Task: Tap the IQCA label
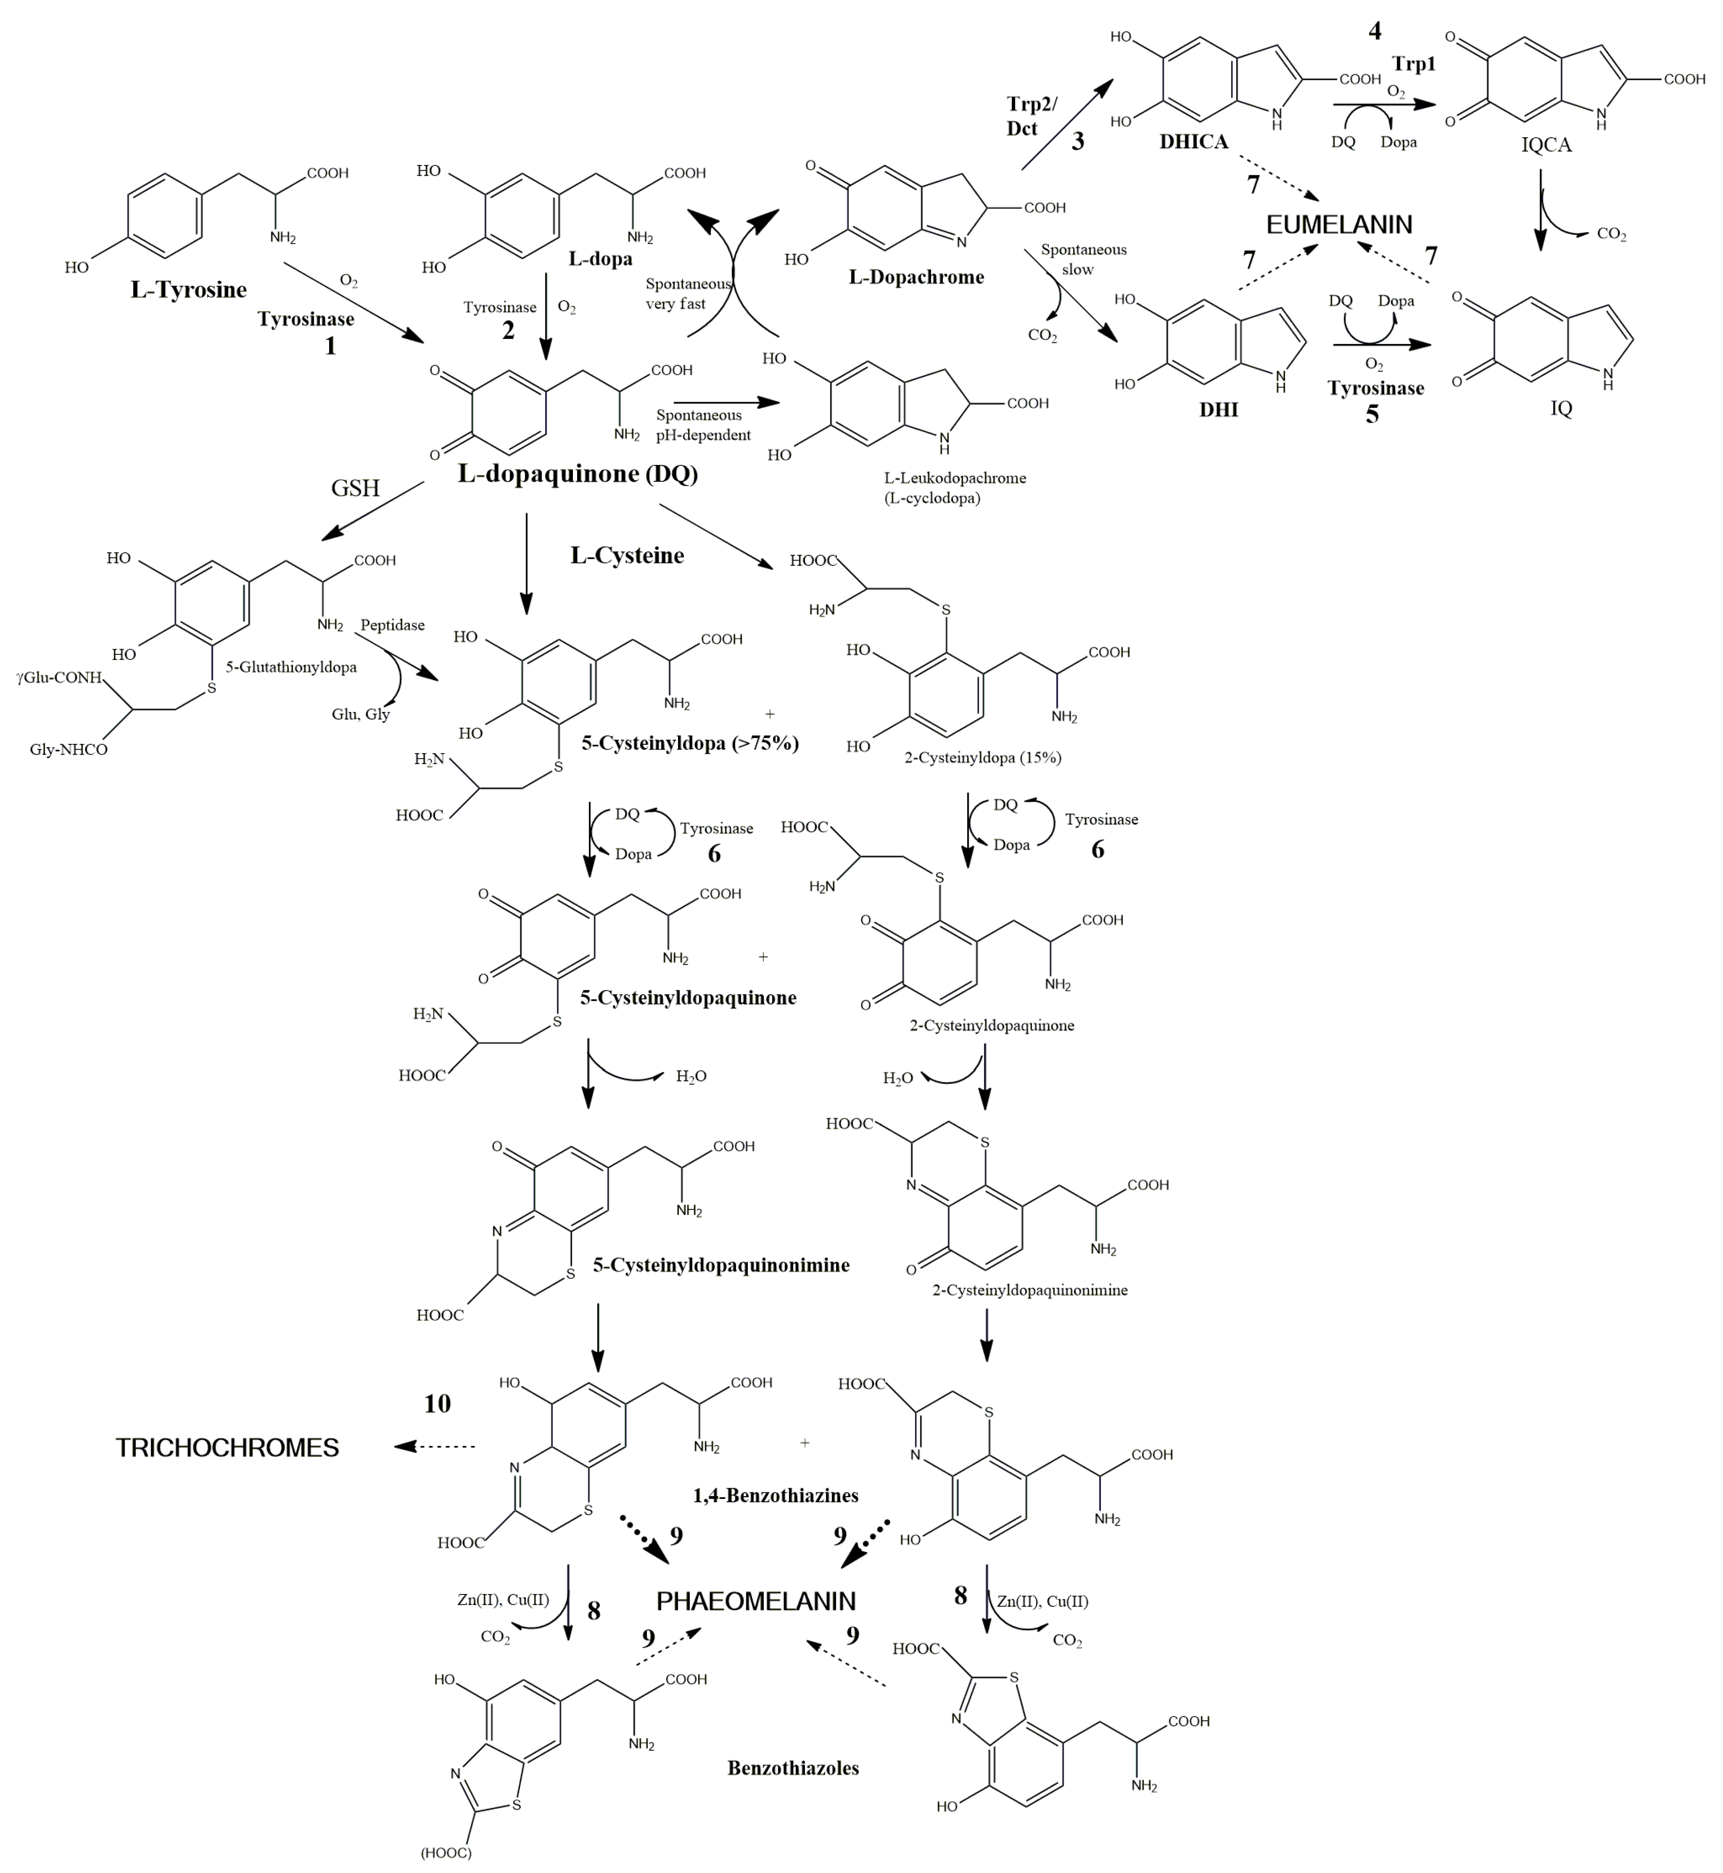click(1546, 144)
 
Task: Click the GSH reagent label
click(355, 488)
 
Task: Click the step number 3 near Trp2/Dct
click(1078, 142)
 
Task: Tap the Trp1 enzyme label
click(1415, 64)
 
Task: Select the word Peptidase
click(392, 626)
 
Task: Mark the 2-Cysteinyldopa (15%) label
click(983, 758)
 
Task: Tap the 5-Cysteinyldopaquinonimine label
click(721, 1265)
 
